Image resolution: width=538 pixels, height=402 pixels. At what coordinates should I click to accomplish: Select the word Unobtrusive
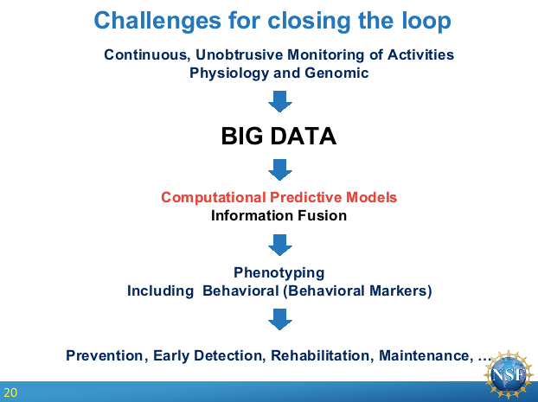pos(239,54)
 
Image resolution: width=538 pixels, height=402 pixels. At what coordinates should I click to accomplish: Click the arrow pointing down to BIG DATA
pos(280,101)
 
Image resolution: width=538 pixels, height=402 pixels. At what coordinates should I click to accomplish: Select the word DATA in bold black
pos(304,137)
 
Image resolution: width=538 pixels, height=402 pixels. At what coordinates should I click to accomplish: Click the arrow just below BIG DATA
pos(280,169)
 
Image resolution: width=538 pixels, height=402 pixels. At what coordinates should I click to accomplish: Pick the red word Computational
pos(214,198)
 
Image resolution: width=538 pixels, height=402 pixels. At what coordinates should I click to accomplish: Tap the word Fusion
pos(322,216)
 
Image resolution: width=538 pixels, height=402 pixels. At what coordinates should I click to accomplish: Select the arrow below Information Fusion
pos(280,245)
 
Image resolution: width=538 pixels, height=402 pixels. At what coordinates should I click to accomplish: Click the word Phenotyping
pos(279,273)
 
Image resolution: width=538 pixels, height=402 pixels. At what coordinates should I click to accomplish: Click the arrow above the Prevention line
pos(280,319)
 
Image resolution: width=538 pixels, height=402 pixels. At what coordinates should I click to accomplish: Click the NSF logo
pos(509,374)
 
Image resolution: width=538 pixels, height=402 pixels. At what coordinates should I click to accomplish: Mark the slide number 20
pos(10,392)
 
